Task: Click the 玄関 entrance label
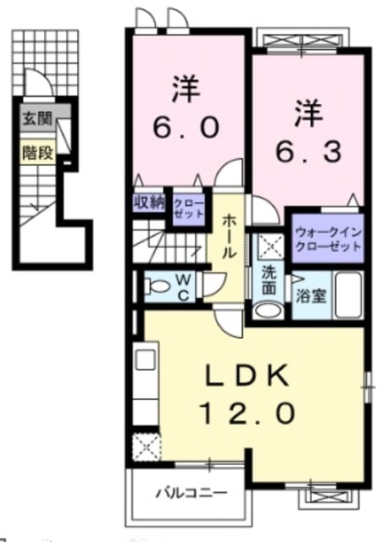click(37, 119)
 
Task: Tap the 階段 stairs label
click(38, 152)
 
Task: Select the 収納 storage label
click(149, 202)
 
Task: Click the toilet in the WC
click(157, 286)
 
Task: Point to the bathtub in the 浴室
click(348, 295)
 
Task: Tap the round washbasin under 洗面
click(268, 310)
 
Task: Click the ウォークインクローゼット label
click(328, 239)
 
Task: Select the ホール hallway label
click(227, 236)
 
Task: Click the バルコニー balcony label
click(192, 492)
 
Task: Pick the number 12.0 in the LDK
click(247, 413)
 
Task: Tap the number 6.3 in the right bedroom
click(308, 152)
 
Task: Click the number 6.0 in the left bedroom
click(186, 127)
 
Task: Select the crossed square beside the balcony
click(147, 447)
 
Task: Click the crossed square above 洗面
click(270, 246)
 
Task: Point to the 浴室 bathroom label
click(311, 296)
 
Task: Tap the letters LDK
click(247, 375)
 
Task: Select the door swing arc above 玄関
click(39, 81)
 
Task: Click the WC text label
click(184, 286)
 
